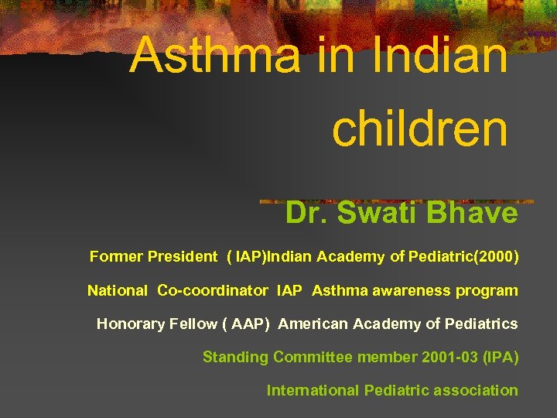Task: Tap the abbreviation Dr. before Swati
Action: pos(307,213)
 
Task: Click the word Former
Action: pos(114,256)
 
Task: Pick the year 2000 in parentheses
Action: pos(498,256)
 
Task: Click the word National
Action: pos(117,291)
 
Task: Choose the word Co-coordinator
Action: pos(213,291)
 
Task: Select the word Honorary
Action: pos(128,324)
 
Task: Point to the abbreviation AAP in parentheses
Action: pos(246,324)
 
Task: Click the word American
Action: pos(313,324)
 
